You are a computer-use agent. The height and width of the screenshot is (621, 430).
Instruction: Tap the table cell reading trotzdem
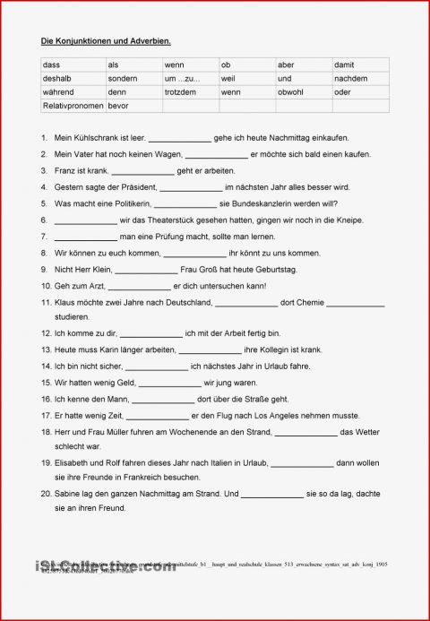pyautogui.click(x=189, y=91)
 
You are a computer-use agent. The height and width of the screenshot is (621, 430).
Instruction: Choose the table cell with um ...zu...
pyautogui.click(x=189, y=78)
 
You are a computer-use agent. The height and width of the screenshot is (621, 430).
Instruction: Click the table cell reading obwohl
pyautogui.click(x=303, y=91)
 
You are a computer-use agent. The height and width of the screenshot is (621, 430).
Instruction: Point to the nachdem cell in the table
pyautogui.click(x=359, y=78)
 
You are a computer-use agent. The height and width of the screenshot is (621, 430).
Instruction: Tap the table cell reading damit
pyautogui.click(x=359, y=65)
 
